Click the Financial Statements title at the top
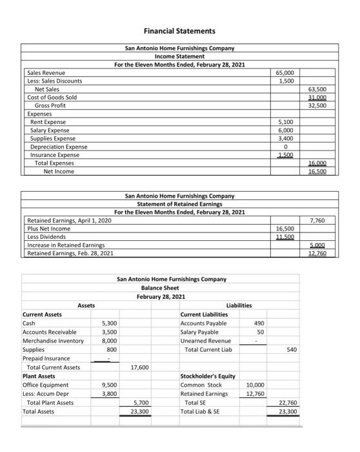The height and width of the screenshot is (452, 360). click(179, 31)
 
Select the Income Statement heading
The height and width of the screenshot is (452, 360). click(179, 56)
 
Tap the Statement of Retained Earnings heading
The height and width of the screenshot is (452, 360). click(179, 204)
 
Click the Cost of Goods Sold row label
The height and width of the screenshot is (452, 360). click(52, 98)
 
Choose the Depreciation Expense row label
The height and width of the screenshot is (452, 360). click(59, 147)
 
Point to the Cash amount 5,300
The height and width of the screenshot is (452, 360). click(108, 323)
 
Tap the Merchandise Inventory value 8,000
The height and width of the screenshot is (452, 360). click(108, 340)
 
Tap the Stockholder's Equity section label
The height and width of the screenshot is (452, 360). click(208, 376)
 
